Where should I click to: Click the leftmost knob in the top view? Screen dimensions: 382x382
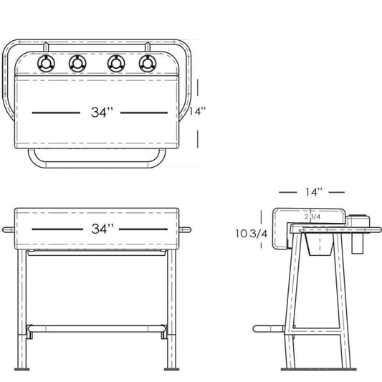pos(45,64)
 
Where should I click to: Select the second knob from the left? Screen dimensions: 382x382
pos(77,64)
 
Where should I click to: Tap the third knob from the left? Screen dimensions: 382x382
pos(115,64)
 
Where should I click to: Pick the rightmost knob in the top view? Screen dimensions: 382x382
pos(147,64)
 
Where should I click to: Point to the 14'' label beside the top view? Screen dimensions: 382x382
pos(197,111)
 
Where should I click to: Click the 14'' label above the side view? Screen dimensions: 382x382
pos(312,192)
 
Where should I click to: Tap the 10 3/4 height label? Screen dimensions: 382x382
pos(252,234)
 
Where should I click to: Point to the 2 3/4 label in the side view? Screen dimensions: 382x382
pos(312,215)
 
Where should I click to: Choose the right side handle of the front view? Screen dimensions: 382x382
pos(189,230)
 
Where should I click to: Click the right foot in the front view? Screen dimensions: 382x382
pos(171,369)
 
